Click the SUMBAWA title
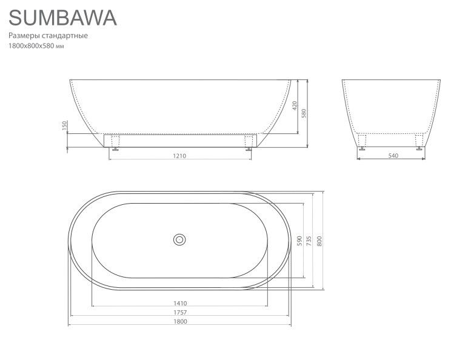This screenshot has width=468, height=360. point(62,18)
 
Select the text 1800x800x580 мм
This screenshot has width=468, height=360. point(36,46)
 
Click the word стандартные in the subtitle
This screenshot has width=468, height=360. point(65,36)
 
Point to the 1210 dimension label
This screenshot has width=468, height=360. point(179,156)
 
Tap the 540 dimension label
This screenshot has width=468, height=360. point(393,156)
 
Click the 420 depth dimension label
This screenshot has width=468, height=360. point(295,105)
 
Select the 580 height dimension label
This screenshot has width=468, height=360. point(304,113)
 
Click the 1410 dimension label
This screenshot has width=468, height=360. point(180,303)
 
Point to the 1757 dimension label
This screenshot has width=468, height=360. point(180,313)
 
